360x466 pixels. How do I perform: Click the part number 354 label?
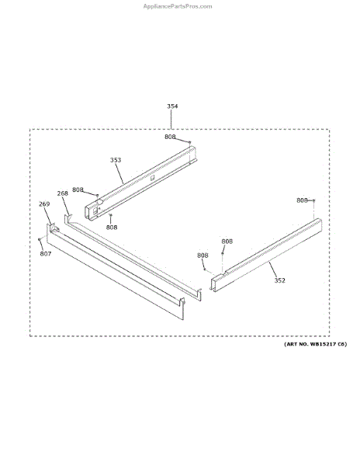click(172, 106)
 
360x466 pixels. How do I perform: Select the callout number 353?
click(116, 160)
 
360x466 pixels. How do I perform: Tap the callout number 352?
click(279, 280)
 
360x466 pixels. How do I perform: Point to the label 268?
click(63, 193)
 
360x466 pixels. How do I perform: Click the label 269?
click(44, 203)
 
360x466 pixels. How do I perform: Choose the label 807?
click(46, 253)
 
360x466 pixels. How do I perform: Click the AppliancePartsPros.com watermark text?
click(178, 6)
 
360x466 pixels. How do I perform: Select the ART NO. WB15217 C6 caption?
click(315, 344)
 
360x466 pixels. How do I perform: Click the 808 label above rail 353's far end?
click(170, 137)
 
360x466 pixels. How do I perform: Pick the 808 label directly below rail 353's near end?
click(112, 227)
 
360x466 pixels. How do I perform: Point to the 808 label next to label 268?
click(78, 190)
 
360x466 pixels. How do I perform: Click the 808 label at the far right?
click(302, 200)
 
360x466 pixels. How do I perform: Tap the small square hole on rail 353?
click(152, 178)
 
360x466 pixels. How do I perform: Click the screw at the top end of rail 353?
click(190, 142)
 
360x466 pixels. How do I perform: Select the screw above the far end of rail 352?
click(313, 200)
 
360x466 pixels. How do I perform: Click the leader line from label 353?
click(119, 173)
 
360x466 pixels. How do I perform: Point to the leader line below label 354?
click(171, 119)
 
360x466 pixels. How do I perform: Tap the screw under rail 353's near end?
click(110, 214)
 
